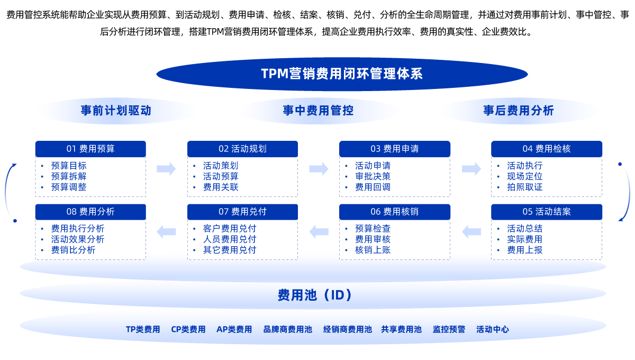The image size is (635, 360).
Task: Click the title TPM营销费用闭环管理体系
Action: click(x=342, y=74)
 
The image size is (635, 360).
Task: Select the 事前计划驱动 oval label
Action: click(x=116, y=111)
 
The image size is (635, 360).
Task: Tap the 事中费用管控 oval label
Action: click(x=318, y=111)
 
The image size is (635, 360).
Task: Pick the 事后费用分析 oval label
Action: click(x=519, y=111)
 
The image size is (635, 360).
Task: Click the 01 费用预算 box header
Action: click(x=90, y=149)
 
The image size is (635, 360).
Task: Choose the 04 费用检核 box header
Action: click(x=547, y=149)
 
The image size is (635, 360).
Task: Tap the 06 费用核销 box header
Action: click(x=394, y=212)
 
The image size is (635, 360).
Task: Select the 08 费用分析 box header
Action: click(x=90, y=212)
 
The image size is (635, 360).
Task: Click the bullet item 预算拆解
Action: click(x=69, y=176)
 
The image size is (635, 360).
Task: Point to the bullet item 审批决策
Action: click(x=373, y=176)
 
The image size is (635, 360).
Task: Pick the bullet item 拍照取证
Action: click(x=524, y=187)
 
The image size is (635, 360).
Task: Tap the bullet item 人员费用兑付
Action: click(x=230, y=239)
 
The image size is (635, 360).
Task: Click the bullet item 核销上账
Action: click(x=373, y=250)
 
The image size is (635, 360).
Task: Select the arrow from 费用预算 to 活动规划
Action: click(x=166, y=169)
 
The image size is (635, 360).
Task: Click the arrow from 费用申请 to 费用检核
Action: click(x=471, y=169)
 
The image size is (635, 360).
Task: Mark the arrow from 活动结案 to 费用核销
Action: click(x=471, y=231)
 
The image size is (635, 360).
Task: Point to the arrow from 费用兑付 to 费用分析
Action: click(x=166, y=231)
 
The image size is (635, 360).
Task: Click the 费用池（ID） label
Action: click(x=315, y=295)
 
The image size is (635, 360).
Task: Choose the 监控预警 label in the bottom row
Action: click(x=449, y=329)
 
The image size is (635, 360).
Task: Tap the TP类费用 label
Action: click(x=143, y=329)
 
